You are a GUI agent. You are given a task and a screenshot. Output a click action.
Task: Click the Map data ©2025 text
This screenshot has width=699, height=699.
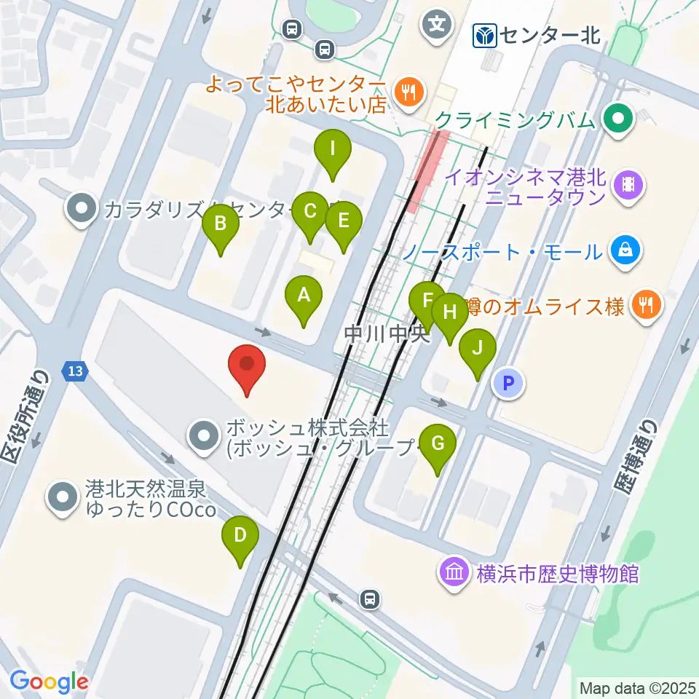coord(638,687)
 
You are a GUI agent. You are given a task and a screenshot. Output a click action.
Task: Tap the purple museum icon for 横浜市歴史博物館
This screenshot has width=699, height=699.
coord(455,573)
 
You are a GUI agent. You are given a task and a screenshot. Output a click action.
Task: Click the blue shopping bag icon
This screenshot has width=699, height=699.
coord(625,251)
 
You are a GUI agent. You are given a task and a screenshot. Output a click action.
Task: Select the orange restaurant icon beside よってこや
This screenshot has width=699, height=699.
coord(406,92)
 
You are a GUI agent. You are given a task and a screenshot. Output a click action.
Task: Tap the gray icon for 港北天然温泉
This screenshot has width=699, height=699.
coord(63,497)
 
